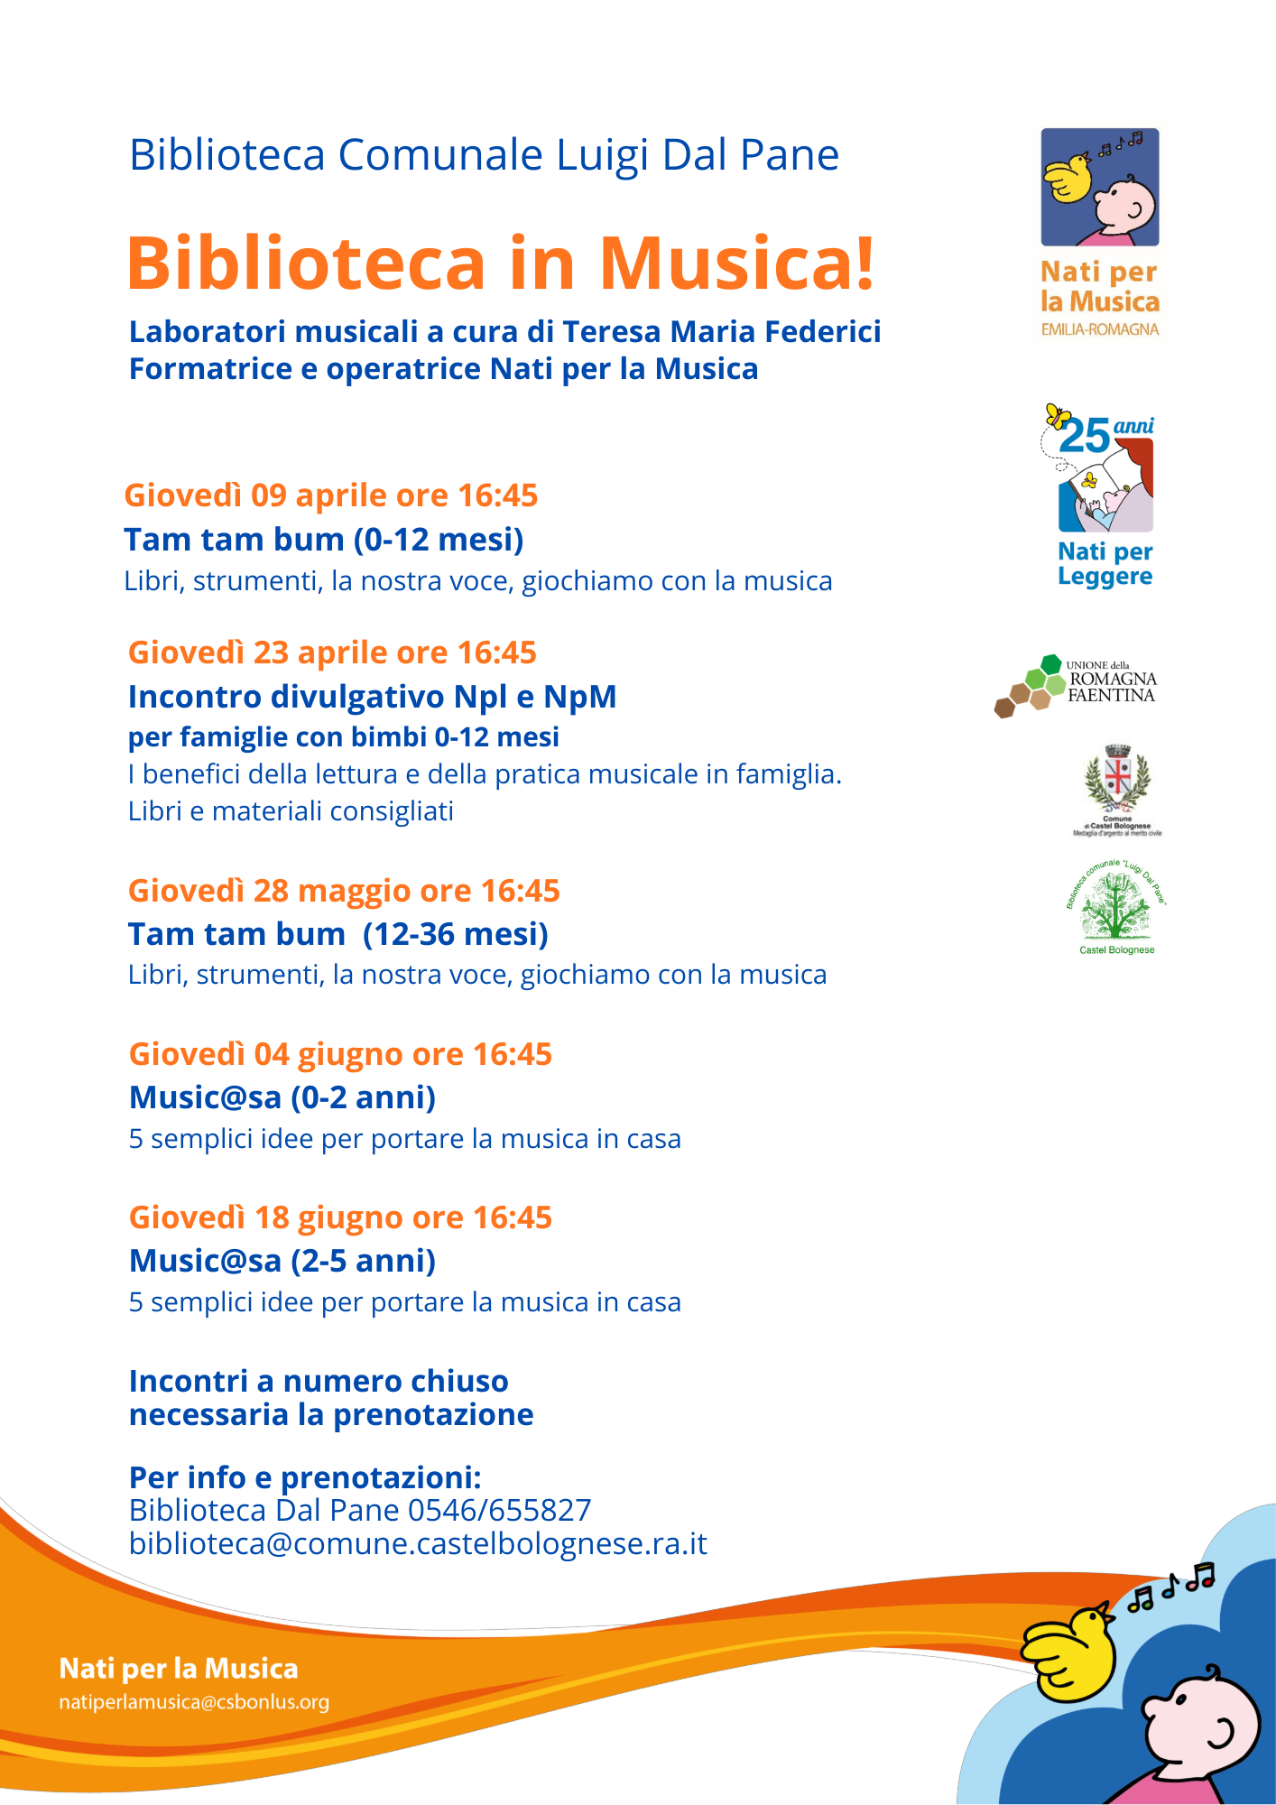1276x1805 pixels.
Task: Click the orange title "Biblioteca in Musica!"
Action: (x=501, y=264)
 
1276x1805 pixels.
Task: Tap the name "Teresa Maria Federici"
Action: (x=721, y=332)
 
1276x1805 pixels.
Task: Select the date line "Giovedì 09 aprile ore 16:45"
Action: (x=330, y=495)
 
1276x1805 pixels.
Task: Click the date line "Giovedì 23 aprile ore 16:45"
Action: (x=332, y=653)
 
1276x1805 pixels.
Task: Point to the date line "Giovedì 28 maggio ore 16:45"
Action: (x=344, y=891)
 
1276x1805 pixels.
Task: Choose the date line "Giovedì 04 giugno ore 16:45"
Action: (x=340, y=1054)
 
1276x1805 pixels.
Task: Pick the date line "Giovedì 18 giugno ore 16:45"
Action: (x=340, y=1217)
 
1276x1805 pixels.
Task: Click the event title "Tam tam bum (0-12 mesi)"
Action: (x=324, y=540)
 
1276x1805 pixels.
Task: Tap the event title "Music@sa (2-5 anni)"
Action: (x=282, y=1261)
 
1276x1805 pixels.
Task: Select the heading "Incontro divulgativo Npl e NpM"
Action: (x=372, y=697)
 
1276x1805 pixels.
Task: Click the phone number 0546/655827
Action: (x=499, y=1510)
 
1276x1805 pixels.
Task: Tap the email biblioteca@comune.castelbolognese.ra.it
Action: (x=418, y=1543)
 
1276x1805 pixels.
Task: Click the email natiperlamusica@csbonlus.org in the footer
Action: (x=194, y=1702)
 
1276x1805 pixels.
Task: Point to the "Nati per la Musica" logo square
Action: (x=1099, y=187)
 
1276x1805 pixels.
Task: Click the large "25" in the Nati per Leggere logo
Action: (x=1084, y=437)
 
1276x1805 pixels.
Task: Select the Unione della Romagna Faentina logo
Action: (x=1076, y=685)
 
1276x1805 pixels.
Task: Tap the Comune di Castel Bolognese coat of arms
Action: (x=1117, y=780)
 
